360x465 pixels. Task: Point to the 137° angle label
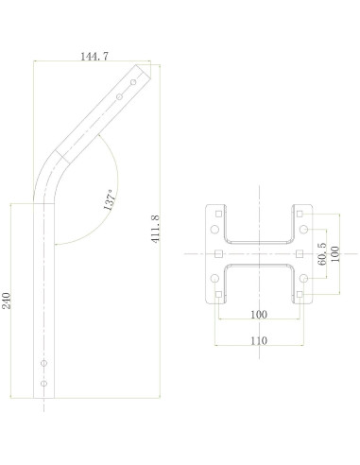pyautogui.click(x=111, y=199)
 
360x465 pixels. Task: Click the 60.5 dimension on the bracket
pyautogui.click(x=323, y=255)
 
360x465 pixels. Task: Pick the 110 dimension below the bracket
pyautogui.click(x=258, y=340)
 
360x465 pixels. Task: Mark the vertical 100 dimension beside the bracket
pyautogui.click(x=334, y=255)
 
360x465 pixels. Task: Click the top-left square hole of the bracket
pyautogui.click(x=218, y=214)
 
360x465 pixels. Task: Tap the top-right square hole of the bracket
pyautogui.click(x=300, y=214)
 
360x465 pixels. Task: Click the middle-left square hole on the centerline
pyautogui.click(x=218, y=255)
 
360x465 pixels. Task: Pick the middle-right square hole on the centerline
pyautogui.click(x=300, y=255)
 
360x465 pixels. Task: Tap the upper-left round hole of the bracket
pyautogui.click(x=214, y=230)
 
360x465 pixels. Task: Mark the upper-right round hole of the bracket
pyautogui.click(x=303, y=230)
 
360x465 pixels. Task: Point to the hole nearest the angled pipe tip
pyautogui.click(x=133, y=82)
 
